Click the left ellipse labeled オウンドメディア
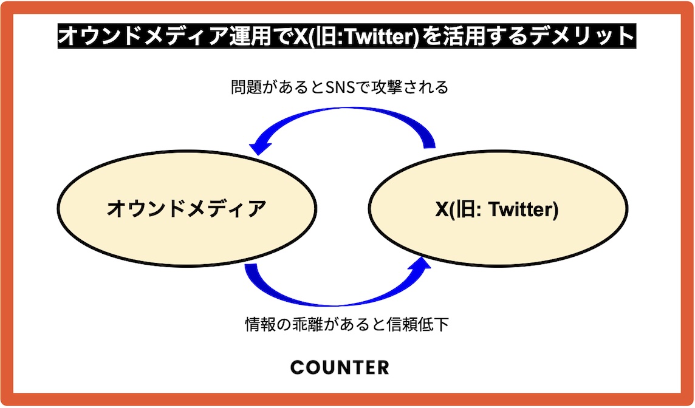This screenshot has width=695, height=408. click(187, 208)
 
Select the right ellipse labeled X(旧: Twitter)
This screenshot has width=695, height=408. click(498, 208)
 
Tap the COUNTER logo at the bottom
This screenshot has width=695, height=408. click(340, 367)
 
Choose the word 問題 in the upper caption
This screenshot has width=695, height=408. click(246, 87)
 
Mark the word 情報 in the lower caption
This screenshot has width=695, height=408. click(261, 324)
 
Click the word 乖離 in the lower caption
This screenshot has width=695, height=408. click(307, 324)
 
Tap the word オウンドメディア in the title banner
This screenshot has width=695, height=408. click(143, 36)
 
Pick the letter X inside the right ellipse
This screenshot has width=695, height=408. click(442, 209)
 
